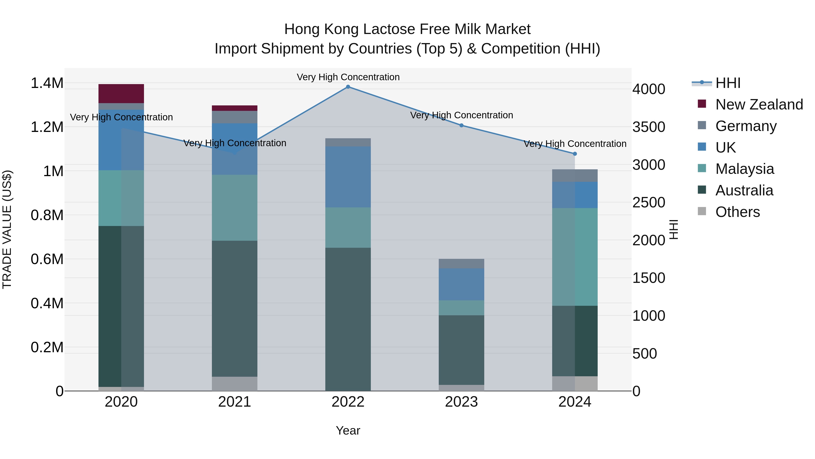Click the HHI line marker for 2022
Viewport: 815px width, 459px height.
348,87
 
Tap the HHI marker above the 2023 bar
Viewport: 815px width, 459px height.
461,125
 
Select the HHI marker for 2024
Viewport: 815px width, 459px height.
575,154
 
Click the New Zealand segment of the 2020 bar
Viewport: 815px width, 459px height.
121,93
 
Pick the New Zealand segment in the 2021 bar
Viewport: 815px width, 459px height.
235,108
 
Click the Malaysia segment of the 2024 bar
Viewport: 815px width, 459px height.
575,257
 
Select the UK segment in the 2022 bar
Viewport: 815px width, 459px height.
348,177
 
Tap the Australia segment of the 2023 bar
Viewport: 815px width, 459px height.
461,350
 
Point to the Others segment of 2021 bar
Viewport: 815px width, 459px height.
235,384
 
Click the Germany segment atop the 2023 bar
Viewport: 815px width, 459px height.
461,264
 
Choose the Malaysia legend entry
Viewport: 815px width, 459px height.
744,169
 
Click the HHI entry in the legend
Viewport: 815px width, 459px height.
728,83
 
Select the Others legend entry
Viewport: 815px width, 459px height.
737,212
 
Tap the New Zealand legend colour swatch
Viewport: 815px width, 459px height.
702,104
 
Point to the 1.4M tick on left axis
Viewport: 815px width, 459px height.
47,83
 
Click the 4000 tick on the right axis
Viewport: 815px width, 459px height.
649,89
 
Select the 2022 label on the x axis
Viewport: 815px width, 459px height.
348,402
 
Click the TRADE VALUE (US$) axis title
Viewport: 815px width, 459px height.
7,229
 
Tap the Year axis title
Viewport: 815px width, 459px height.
348,430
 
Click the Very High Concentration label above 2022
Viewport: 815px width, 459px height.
348,77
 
